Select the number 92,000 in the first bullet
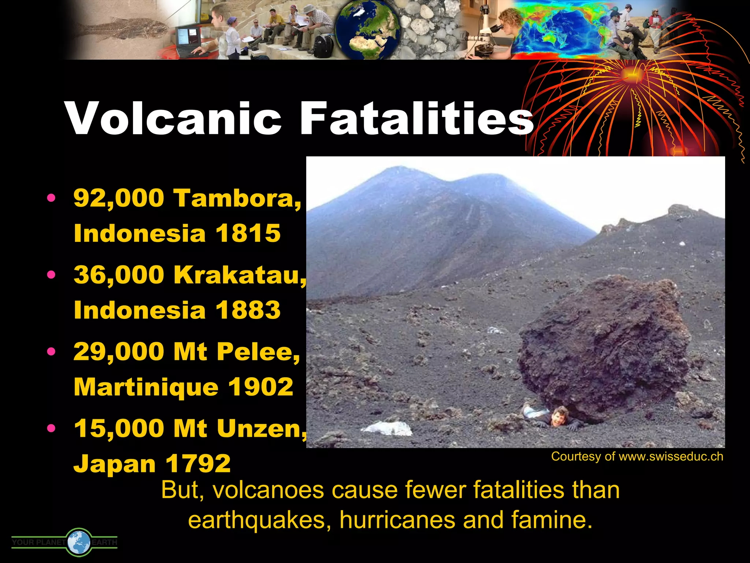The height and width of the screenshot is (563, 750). coord(119,198)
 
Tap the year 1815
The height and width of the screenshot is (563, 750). coord(248,233)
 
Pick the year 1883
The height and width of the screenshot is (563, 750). coord(248,310)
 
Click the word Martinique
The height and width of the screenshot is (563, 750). coord(146,387)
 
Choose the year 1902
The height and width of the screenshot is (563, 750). coord(260,387)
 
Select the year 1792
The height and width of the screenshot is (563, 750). coord(198,464)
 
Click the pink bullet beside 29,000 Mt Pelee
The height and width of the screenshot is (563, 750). coord(52,352)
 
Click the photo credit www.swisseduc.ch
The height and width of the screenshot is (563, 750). coord(671,457)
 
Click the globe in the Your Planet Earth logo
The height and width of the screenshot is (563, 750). coord(79,542)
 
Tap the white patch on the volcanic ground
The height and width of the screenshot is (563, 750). coord(388,428)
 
